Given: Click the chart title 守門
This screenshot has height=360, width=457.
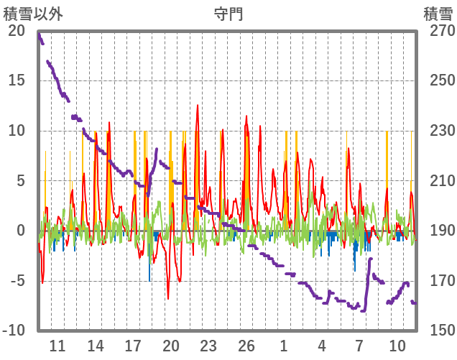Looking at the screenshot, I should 228,14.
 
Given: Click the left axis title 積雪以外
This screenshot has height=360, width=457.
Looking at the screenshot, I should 34,14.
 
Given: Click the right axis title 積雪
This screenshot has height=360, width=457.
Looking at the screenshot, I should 438,14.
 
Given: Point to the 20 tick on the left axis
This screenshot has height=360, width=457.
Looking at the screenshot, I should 16,31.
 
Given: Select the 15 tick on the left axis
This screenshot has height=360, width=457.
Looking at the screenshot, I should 16,80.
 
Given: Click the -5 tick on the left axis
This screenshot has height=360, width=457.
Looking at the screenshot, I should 16,280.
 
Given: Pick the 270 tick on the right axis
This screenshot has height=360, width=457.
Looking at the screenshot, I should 438,31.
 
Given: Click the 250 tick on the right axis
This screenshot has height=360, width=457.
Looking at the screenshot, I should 438,80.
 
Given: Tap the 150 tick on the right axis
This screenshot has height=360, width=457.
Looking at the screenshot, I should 438,331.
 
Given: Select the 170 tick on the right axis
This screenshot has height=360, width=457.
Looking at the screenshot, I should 438,280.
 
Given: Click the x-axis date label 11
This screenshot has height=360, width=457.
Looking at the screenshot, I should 57,346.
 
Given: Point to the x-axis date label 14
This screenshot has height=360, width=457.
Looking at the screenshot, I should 96,346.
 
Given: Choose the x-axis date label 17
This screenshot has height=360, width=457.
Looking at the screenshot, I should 133,346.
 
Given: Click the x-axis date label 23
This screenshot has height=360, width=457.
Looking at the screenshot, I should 208,346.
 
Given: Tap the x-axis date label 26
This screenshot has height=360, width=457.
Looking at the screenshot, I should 246,346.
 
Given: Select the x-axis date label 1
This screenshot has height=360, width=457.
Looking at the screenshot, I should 284,346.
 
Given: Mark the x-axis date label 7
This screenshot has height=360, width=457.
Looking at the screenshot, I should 359,346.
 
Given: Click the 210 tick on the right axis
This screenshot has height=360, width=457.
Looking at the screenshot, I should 438,180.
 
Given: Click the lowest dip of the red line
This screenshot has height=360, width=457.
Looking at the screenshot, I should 168,298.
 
